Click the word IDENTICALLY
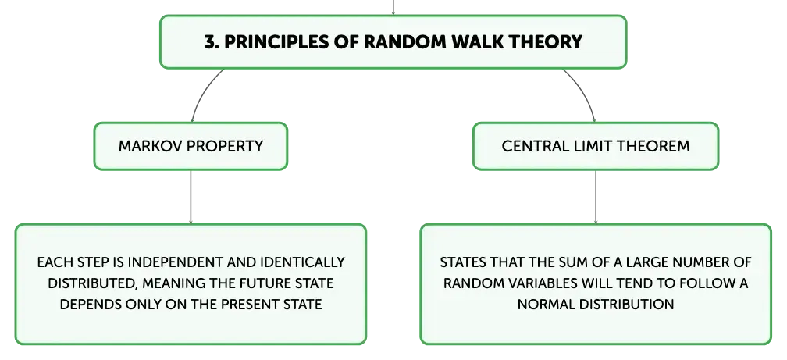[303, 262]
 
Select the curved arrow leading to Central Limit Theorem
[583, 91]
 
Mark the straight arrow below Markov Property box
[191, 197]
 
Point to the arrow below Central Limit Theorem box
[596, 197]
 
